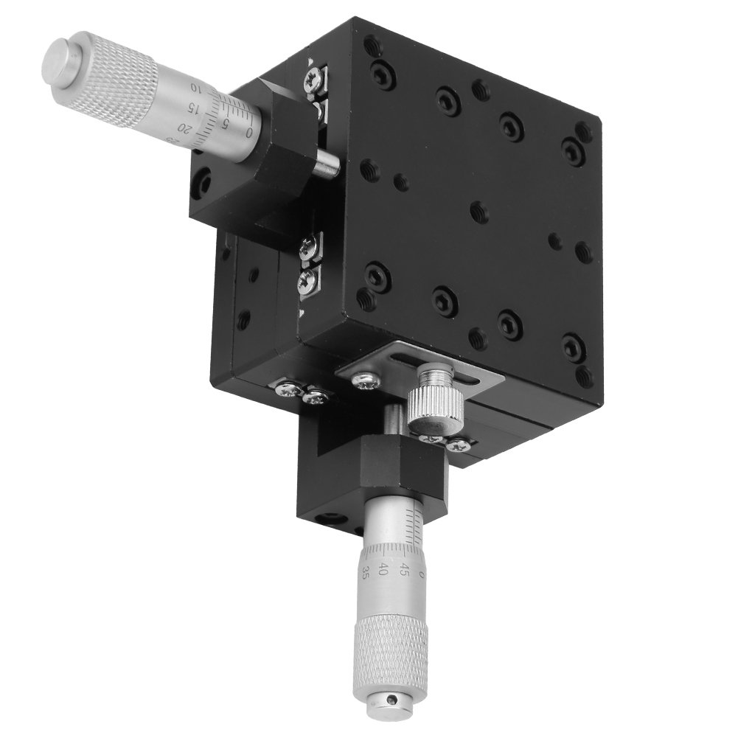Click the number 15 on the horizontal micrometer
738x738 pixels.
(x=194, y=108)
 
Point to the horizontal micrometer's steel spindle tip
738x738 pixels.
(x=327, y=165)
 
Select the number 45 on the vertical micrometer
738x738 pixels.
(x=403, y=570)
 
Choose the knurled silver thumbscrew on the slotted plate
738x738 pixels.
(x=436, y=402)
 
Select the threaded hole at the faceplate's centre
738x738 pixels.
(x=479, y=212)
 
